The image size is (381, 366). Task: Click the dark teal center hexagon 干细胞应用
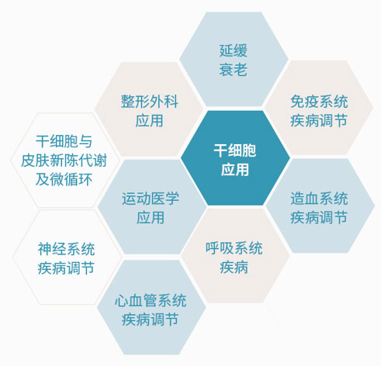point(235,158)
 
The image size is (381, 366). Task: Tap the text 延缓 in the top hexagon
point(234,50)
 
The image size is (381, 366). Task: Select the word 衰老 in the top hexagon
point(234,70)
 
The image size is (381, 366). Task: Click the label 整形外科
point(150,102)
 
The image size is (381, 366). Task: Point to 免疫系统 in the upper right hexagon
point(319,102)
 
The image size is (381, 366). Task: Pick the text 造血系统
point(319,199)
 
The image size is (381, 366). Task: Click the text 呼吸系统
point(234,248)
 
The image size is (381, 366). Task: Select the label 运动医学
point(151,199)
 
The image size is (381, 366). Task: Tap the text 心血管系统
point(151,301)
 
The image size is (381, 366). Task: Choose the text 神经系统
point(66,249)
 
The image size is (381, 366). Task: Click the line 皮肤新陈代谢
point(64,161)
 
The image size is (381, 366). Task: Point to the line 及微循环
point(64,179)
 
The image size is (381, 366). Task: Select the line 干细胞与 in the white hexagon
point(64,141)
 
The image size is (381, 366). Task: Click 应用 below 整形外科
point(150,121)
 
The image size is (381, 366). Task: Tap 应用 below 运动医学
point(151,218)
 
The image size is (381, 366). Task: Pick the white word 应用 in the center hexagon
point(235,170)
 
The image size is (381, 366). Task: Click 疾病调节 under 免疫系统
point(319,121)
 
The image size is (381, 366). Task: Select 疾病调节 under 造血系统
point(319,218)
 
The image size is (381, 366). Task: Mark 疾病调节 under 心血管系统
point(151,319)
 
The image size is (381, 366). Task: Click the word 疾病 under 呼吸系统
point(234,268)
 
